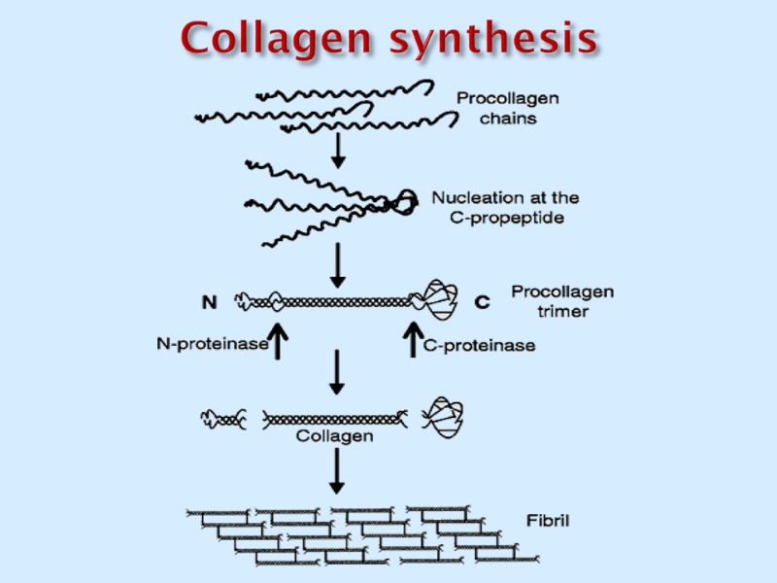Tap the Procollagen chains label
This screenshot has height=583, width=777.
(508, 108)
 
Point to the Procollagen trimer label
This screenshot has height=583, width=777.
(562, 301)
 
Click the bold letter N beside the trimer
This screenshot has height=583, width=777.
(209, 302)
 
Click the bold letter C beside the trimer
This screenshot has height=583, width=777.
(482, 302)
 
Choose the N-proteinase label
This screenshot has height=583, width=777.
(212, 343)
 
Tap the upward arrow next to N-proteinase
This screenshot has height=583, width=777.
(279, 341)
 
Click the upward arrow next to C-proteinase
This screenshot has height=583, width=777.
(411, 341)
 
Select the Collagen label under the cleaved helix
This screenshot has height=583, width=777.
(333, 437)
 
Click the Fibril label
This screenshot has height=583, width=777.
(549, 521)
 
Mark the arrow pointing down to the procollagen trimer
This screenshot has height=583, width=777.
(337, 264)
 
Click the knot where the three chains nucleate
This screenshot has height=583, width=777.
(404, 201)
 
